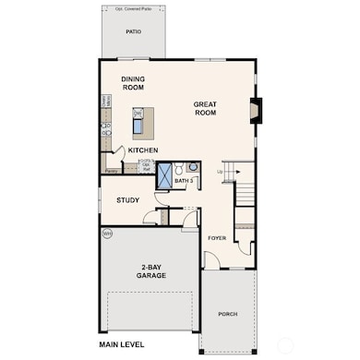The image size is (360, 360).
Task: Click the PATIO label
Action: tap(134, 30)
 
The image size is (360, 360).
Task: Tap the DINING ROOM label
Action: tap(134, 84)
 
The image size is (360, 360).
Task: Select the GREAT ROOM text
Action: tap(205, 108)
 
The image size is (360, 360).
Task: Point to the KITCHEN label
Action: tap(142, 150)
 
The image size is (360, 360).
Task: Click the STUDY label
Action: tap(127, 200)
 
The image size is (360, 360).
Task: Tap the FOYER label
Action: tap(216, 238)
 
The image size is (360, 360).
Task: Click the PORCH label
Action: tap(227, 314)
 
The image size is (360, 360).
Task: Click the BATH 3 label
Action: tap(184, 181)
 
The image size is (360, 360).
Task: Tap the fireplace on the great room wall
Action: tap(257, 111)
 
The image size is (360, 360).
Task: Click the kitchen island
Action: tap(139, 122)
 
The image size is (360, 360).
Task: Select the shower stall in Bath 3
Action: tap(167, 174)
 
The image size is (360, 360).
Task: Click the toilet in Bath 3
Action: tap(193, 167)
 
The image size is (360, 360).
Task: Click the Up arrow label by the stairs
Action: tap(219, 172)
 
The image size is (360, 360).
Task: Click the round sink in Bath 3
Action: tap(184, 167)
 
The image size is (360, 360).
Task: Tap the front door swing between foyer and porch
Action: tap(211, 262)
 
